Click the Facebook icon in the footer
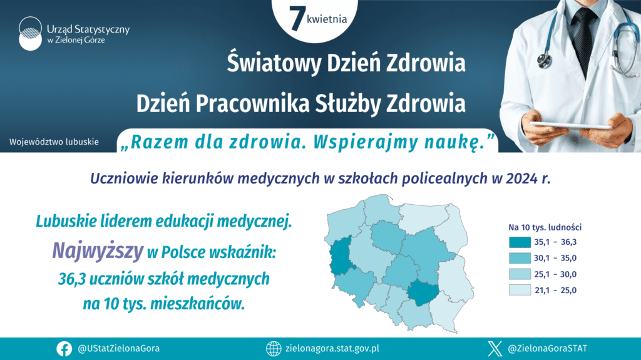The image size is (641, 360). click(x=64, y=349)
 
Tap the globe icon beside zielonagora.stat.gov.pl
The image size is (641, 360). click(x=274, y=349)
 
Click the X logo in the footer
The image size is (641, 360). click(x=495, y=349)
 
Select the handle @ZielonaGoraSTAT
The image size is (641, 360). click(x=547, y=349)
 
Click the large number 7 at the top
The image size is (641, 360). click(x=297, y=18)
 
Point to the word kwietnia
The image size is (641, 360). click(x=327, y=19)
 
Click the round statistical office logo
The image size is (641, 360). click(x=30, y=34)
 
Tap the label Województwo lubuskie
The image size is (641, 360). click(x=54, y=142)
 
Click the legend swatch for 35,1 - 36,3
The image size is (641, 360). click(x=520, y=242)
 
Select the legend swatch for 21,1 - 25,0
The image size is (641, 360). click(x=520, y=290)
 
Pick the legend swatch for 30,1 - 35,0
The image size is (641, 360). click(x=520, y=258)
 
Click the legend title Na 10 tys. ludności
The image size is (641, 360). click(x=545, y=227)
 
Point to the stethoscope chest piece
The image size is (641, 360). click(x=545, y=61)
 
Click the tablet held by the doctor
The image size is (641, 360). click(x=572, y=126)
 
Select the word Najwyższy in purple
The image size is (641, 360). click(x=98, y=252)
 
